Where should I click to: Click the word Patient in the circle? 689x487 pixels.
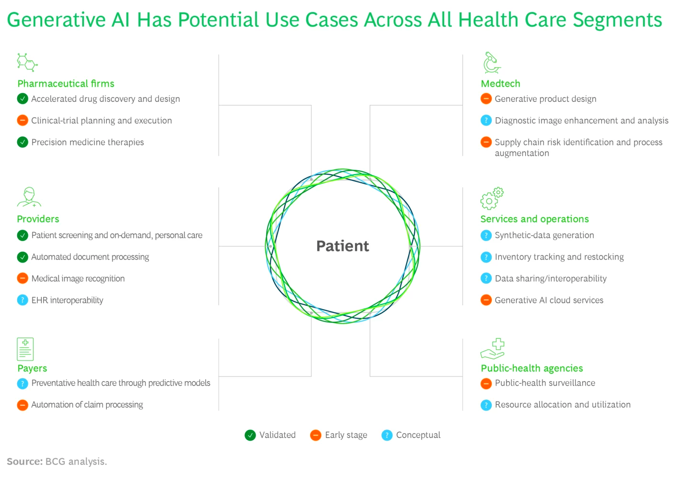tap(343, 246)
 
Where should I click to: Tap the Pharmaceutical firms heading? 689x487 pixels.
tap(66, 84)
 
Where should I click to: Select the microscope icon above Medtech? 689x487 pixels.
tap(491, 63)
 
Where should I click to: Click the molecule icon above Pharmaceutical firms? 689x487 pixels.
tap(27, 62)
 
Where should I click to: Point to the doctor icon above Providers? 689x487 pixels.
tap(29, 197)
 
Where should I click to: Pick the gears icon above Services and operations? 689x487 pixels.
tap(492, 199)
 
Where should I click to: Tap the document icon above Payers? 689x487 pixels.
tap(25, 349)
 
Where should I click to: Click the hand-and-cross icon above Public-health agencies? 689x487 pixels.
tap(492, 349)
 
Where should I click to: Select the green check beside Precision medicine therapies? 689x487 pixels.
tap(22, 142)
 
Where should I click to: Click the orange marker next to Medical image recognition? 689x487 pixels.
tap(22, 278)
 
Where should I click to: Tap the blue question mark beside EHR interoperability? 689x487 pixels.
tap(22, 300)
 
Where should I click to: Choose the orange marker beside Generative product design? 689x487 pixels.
tap(486, 99)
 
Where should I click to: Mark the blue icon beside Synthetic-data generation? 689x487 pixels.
tap(486, 235)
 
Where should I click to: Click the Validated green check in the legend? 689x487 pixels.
tap(250, 435)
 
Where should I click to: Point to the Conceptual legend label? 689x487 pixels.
tap(418, 435)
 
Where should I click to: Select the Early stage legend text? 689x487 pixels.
tap(346, 435)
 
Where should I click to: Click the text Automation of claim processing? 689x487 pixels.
tap(87, 405)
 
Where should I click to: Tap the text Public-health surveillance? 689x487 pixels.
tap(545, 383)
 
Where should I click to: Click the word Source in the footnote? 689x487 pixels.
tap(24, 462)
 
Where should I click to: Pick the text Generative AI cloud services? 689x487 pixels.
tap(549, 300)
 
